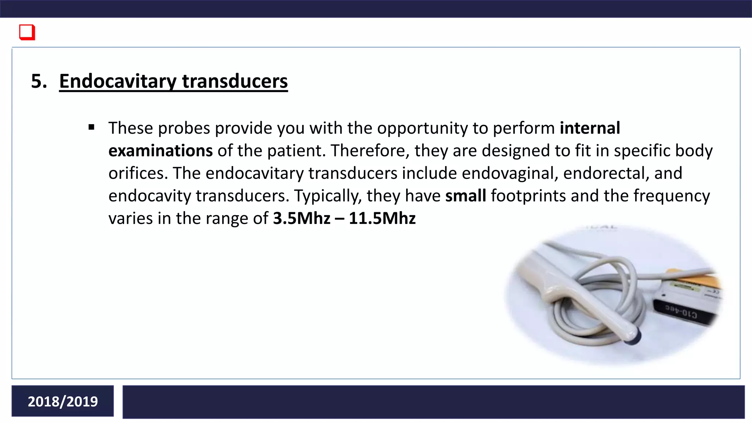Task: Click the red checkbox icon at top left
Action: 27,32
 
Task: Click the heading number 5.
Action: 39,81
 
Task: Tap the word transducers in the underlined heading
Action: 235,81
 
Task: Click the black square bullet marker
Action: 91,128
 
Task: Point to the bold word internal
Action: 590,128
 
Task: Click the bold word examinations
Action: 160,151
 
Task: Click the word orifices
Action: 138,173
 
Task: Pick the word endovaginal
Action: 510,173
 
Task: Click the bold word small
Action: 465,196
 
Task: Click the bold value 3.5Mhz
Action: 301,218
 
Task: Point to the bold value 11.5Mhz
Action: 382,218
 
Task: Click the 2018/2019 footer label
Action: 63,401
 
